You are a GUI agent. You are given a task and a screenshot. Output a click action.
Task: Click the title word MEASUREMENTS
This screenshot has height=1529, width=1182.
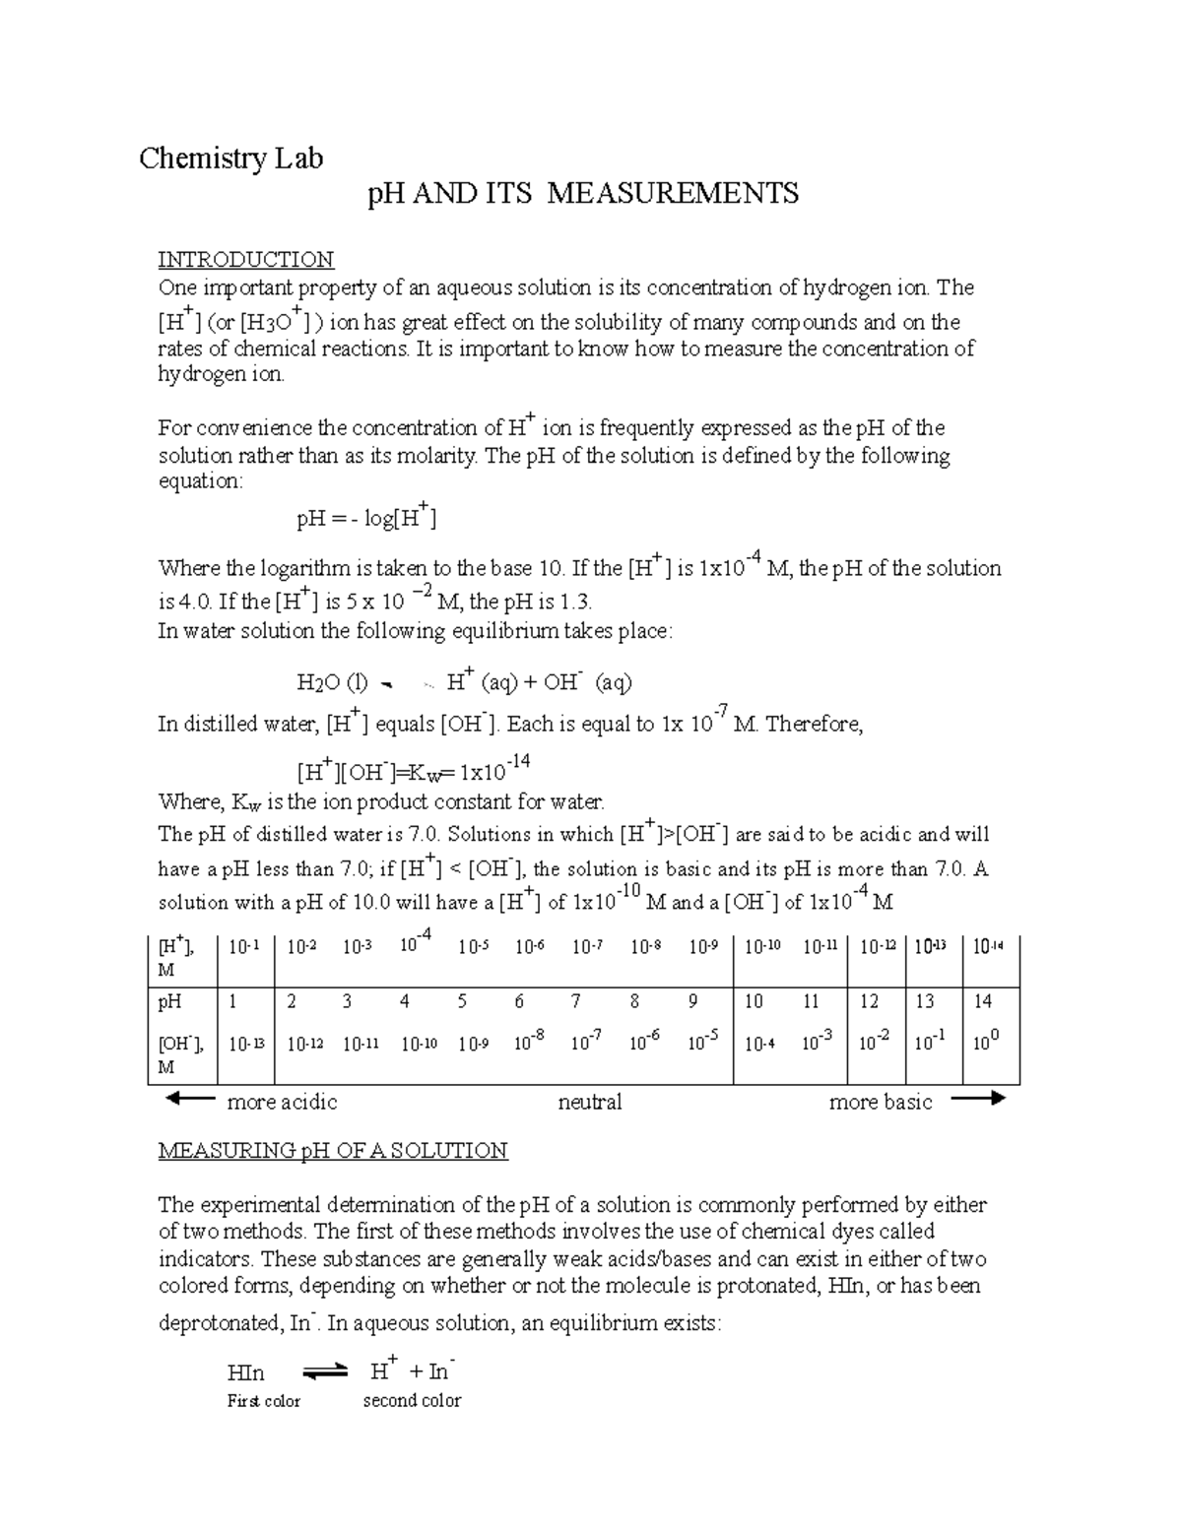(x=673, y=193)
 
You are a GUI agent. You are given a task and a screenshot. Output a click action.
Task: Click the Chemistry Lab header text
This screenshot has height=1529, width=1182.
(x=230, y=158)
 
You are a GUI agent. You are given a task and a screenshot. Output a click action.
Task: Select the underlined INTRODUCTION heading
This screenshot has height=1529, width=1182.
(x=245, y=260)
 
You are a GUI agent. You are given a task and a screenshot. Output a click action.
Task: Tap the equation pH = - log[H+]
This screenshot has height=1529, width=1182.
(x=365, y=517)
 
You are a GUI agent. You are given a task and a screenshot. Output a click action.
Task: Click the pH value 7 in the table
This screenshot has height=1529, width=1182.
(x=576, y=1001)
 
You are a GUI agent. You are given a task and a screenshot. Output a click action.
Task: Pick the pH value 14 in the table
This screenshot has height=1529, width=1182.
(x=982, y=1001)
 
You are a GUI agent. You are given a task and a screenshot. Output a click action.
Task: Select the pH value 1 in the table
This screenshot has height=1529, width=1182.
(x=233, y=1001)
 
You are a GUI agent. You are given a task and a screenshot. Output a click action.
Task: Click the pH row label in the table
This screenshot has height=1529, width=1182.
(x=169, y=1001)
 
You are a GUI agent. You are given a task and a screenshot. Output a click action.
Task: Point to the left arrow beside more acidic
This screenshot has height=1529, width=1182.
(x=189, y=1099)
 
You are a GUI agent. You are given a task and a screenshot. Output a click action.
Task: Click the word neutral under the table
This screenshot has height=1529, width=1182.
(x=589, y=1102)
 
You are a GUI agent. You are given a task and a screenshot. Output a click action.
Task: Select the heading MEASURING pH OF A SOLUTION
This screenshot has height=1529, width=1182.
(x=333, y=1151)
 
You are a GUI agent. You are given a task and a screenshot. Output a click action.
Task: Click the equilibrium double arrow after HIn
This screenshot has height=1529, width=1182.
(x=325, y=1370)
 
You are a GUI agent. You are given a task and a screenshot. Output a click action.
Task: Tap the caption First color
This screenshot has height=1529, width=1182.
(x=263, y=1401)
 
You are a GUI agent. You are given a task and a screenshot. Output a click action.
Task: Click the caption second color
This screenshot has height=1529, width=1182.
(x=412, y=1401)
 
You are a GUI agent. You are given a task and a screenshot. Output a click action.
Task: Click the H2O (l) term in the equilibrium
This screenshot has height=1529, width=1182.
(x=332, y=682)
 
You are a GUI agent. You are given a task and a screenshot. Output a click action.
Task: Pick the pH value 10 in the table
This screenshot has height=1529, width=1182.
(x=754, y=1001)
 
